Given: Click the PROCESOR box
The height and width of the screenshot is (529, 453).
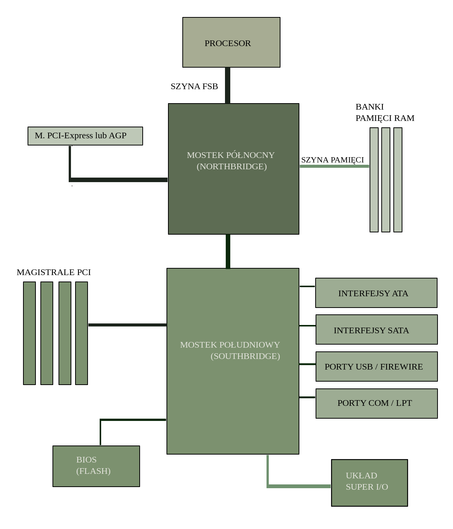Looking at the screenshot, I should click(x=231, y=42).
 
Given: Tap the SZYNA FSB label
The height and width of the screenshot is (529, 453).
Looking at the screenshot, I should click(x=194, y=87).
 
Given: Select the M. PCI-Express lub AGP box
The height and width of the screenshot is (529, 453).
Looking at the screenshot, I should click(x=85, y=136).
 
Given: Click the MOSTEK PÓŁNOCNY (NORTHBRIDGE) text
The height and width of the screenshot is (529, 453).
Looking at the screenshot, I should click(x=231, y=161).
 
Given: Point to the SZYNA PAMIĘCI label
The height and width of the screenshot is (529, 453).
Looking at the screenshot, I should click(x=332, y=160).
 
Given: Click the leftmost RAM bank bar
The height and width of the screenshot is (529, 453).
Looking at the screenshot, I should click(x=374, y=180).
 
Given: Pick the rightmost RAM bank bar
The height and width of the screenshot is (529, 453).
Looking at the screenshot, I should click(x=398, y=180).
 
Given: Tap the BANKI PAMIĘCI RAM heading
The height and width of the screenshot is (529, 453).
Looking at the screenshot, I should click(x=384, y=112).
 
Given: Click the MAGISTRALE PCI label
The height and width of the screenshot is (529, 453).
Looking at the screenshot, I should click(x=54, y=272).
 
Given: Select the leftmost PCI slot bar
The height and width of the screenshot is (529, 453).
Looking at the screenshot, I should click(x=29, y=333).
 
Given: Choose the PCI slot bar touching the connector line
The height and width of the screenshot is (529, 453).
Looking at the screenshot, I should click(x=82, y=333).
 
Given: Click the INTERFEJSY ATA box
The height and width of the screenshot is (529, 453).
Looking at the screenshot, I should click(x=376, y=293).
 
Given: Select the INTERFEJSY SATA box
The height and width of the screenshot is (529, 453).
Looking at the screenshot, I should click(x=376, y=330).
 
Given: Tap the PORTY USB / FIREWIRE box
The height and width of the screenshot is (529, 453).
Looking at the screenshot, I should click(x=376, y=367).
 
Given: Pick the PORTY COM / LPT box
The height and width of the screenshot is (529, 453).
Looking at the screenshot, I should click(x=376, y=404).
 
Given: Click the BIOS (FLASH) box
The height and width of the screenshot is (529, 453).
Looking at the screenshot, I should click(x=96, y=466).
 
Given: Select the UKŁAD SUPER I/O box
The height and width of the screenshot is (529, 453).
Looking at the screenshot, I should click(x=369, y=483).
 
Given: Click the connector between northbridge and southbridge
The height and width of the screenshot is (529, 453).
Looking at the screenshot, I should click(x=228, y=251).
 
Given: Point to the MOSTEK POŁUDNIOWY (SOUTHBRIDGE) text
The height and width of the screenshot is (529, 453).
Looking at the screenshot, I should click(x=230, y=350).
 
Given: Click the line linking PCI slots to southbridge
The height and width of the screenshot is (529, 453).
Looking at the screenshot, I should click(x=127, y=325).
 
